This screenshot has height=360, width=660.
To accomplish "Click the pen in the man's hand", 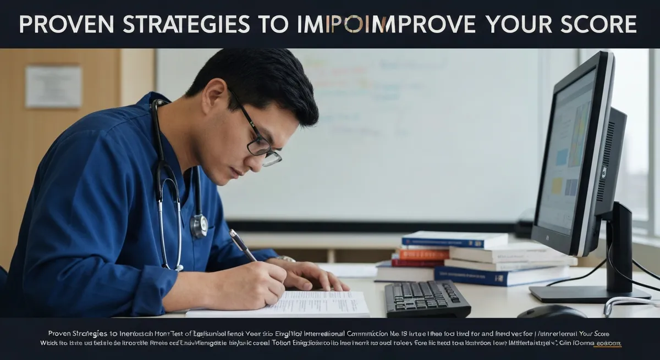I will click(x=243, y=245).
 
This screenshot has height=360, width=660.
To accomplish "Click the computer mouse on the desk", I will click(x=552, y=312).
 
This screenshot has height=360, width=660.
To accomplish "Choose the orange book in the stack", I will click(x=424, y=254).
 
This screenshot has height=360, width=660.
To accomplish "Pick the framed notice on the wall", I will click(x=53, y=86).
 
